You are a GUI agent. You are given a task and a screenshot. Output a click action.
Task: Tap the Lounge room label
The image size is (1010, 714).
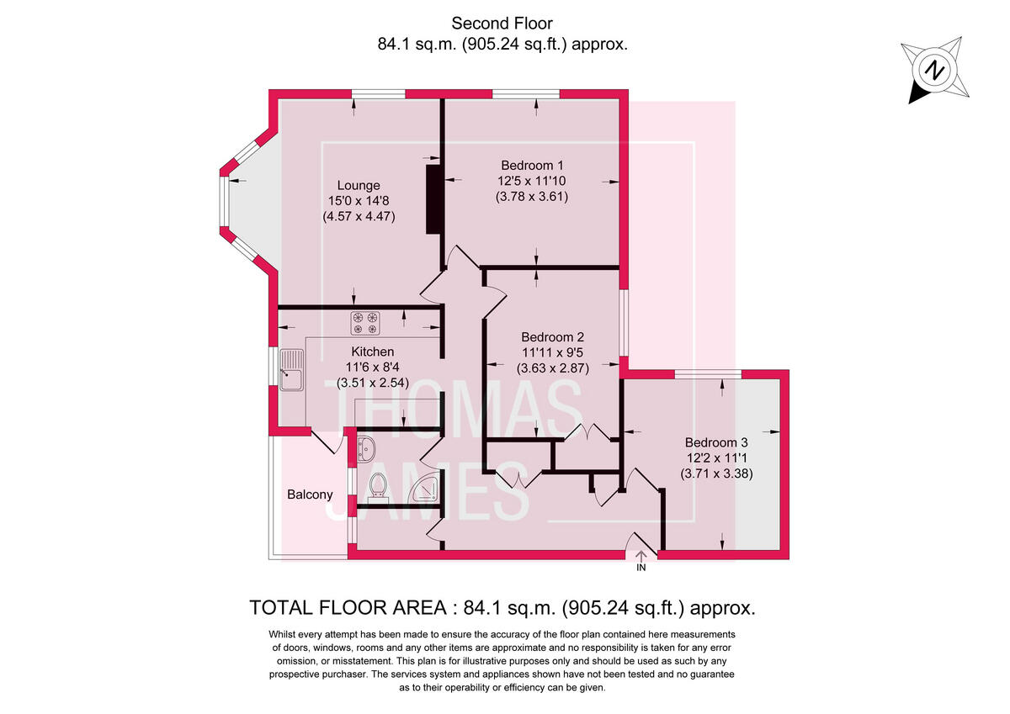point(359,185)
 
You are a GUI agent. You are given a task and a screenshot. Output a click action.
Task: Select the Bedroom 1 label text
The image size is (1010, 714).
point(532,165)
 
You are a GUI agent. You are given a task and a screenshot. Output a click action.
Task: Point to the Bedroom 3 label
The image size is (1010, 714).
point(715,442)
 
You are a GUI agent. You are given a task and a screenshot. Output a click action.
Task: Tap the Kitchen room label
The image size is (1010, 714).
point(373,351)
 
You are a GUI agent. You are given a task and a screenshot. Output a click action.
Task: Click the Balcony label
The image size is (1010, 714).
point(310,495)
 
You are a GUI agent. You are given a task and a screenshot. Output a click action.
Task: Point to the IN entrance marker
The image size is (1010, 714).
point(641,569)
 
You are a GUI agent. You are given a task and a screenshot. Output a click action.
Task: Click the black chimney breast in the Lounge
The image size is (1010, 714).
point(433,199)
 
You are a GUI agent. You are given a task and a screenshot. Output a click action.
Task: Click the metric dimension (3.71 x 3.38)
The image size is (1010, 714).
point(715,473)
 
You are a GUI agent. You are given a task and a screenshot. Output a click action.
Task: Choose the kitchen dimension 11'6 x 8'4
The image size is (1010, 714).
point(373,367)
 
